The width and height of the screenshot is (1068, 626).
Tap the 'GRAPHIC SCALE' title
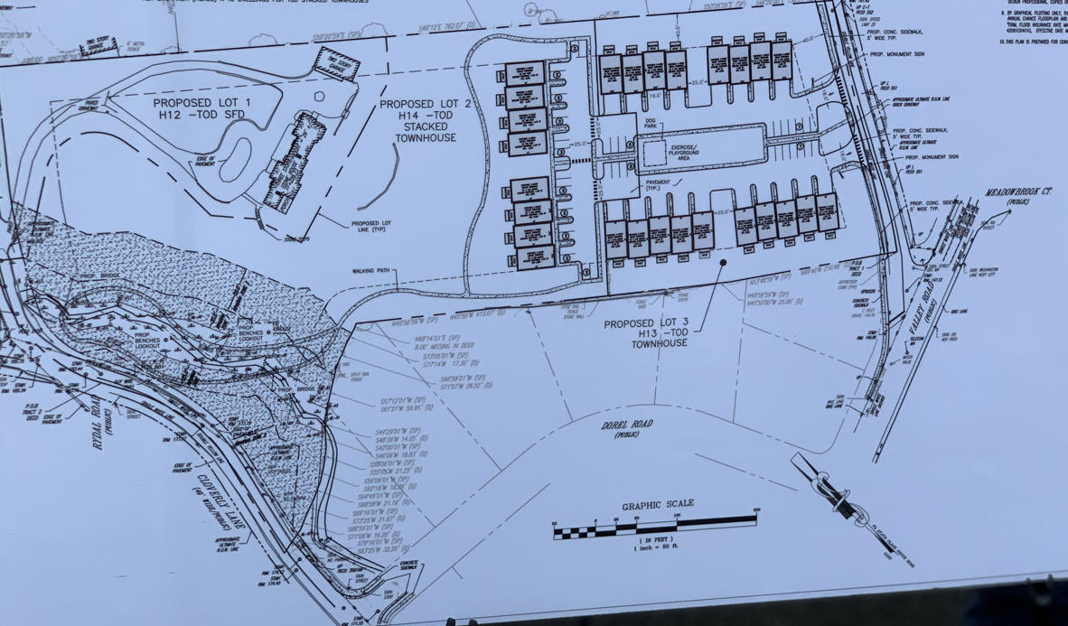(x=657, y=504)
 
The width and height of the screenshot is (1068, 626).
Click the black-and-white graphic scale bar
(x=655, y=524)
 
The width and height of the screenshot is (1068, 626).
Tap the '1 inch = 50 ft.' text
(x=657, y=548)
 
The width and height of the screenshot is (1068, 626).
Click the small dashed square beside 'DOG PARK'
(x=653, y=156)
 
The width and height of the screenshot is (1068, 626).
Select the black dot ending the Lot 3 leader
(x=724, y=262)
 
